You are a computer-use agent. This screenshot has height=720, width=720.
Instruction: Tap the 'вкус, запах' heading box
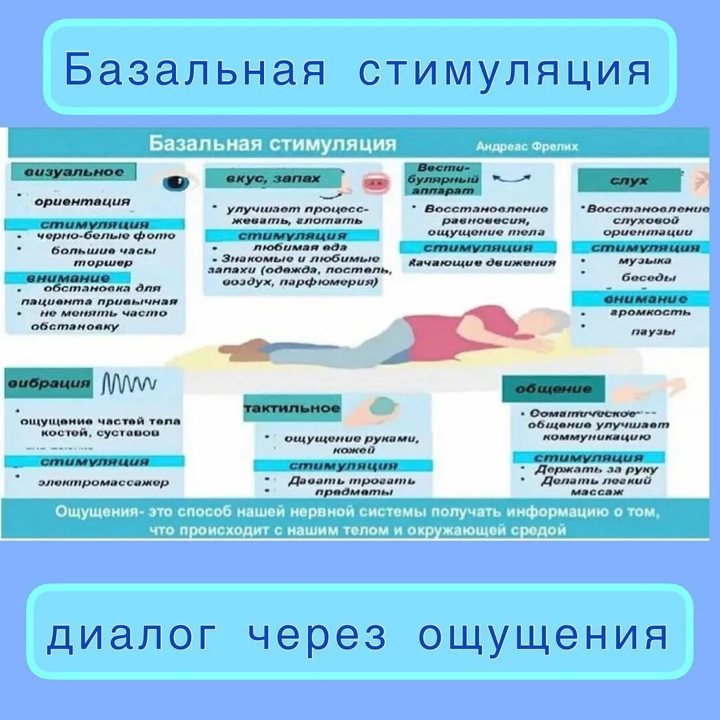(x=264, y=179)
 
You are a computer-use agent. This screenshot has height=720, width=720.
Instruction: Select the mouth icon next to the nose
(x=374, y=182)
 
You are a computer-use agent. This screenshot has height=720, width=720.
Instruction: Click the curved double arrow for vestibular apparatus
(x=511, y=177)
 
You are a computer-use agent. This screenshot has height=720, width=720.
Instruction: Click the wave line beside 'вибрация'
(x=129, y=383)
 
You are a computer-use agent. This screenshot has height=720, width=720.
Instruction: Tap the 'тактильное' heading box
(x=292, y=408)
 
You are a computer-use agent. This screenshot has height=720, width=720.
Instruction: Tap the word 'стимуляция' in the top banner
(x=504, y=69)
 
